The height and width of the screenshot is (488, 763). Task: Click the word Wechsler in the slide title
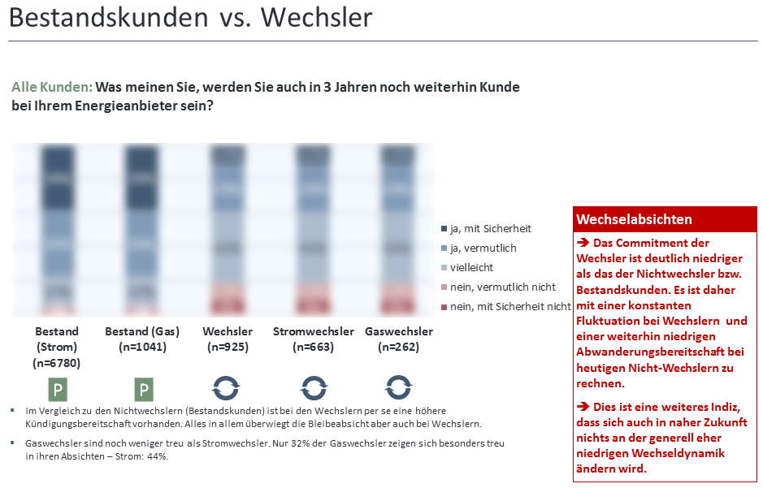[318, 18]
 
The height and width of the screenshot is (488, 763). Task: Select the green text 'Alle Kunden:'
[52, 87]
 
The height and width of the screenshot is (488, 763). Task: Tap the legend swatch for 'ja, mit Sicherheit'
[444, 229]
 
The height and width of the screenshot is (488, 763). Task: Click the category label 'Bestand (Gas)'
[142, 331]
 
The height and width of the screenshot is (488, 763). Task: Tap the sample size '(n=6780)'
[57, 363]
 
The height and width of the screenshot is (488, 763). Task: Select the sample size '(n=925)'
[228, 347]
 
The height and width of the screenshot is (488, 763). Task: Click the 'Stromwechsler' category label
[314, 331]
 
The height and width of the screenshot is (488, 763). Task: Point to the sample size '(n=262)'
[398, 347]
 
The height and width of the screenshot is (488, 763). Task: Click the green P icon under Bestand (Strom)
[57, 389]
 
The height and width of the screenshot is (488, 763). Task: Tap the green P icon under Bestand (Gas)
[144, 389]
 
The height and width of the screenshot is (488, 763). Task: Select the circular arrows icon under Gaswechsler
[398, 387]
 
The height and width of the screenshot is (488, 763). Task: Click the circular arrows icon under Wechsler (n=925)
[227, 387]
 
